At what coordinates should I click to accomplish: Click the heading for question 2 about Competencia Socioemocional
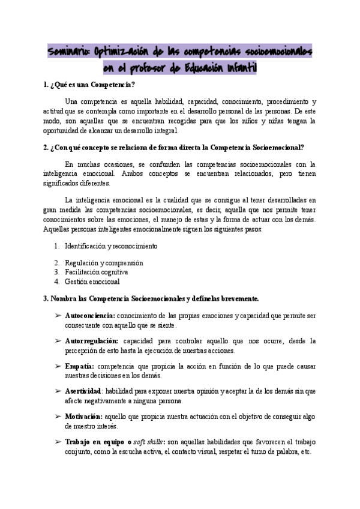click(x=173, y=147)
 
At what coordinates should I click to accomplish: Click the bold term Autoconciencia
click(x=89, y=315)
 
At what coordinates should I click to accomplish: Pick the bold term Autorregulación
click(x=91, y=341)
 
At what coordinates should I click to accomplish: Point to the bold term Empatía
click(x=79, y=366)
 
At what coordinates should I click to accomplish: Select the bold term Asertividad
click(x=83, y=391)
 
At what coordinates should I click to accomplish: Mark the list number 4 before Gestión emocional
click(x=56, y=281)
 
